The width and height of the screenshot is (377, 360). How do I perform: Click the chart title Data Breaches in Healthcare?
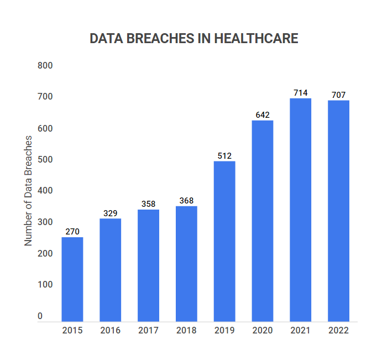pyautogui.click(x=193, y=39)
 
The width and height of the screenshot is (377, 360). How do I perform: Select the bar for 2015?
pyautogui.click(x=72, y=279)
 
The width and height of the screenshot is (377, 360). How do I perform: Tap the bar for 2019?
pyautogui.click(x=224, y=241)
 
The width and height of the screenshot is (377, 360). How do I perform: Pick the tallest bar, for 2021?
pyautogui.click(x=301, y=210)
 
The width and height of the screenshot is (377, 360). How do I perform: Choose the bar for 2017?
pyautogui.click(x=148, y=265)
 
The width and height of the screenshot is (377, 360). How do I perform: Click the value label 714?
pyautogui.click(x=301, y=93)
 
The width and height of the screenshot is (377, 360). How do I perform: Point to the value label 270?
pyautogui.click(x=72, y=232)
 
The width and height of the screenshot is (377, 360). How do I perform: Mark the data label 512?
pyautogui.click(x=224, y=155)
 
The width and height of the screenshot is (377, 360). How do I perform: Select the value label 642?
pyautogui.click(x=263, y=115)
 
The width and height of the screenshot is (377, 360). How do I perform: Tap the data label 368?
pyautogui.click(x=186, y=201)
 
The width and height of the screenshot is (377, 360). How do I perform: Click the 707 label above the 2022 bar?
pyautogui.click(x=338, y=95)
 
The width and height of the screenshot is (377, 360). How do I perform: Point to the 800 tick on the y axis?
pyautogui.click(x=45, y=66)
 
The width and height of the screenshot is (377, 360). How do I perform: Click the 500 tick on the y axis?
pyautogui.click(x=45, y=160)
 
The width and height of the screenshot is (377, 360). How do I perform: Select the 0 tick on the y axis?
pyautogui.click(x=40, y=316)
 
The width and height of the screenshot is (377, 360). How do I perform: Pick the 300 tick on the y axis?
pyautogui.click(x=45, y=222)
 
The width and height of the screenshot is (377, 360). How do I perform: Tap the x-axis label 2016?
pyautogui.click(x=110, y=331)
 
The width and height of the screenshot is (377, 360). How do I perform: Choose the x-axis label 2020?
pyautogui.click(x=263, y=331)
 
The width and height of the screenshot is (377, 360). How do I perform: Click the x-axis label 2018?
pyautogui.click(x=186, y=331)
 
